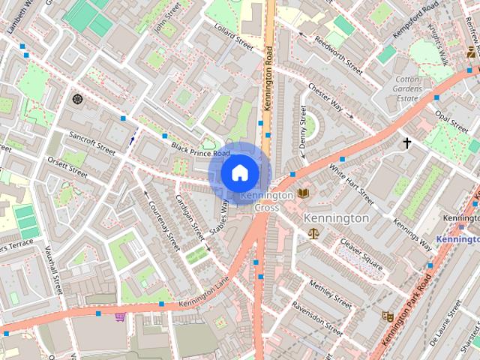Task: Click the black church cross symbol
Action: [407, 142]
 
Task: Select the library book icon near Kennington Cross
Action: [302, 193]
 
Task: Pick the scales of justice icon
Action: [313, 233]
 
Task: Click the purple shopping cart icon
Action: [119, 316]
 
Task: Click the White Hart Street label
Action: [351, 185]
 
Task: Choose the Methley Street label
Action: [330, 293]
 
